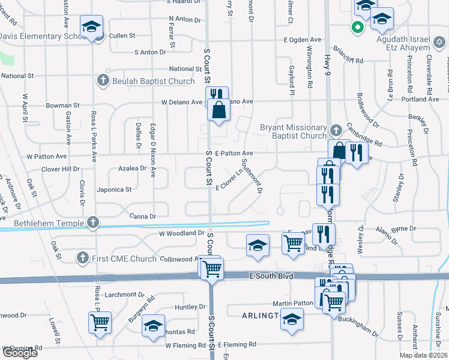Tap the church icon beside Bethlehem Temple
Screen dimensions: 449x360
point(92,223)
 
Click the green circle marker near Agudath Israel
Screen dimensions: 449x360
point(357,27)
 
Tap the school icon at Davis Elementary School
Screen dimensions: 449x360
point(91,27)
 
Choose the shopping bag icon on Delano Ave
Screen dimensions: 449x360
point(218,109)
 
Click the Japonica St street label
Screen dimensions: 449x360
point(114,190)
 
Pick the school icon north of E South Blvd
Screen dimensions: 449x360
point(258,245)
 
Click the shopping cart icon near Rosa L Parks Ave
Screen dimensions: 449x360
point(99,321)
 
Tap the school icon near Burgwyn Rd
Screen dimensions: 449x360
point(153,326)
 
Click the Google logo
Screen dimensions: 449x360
point(19,353)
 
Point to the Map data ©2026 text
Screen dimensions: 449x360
point(423,355)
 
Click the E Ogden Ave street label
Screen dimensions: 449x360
point(306,40)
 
